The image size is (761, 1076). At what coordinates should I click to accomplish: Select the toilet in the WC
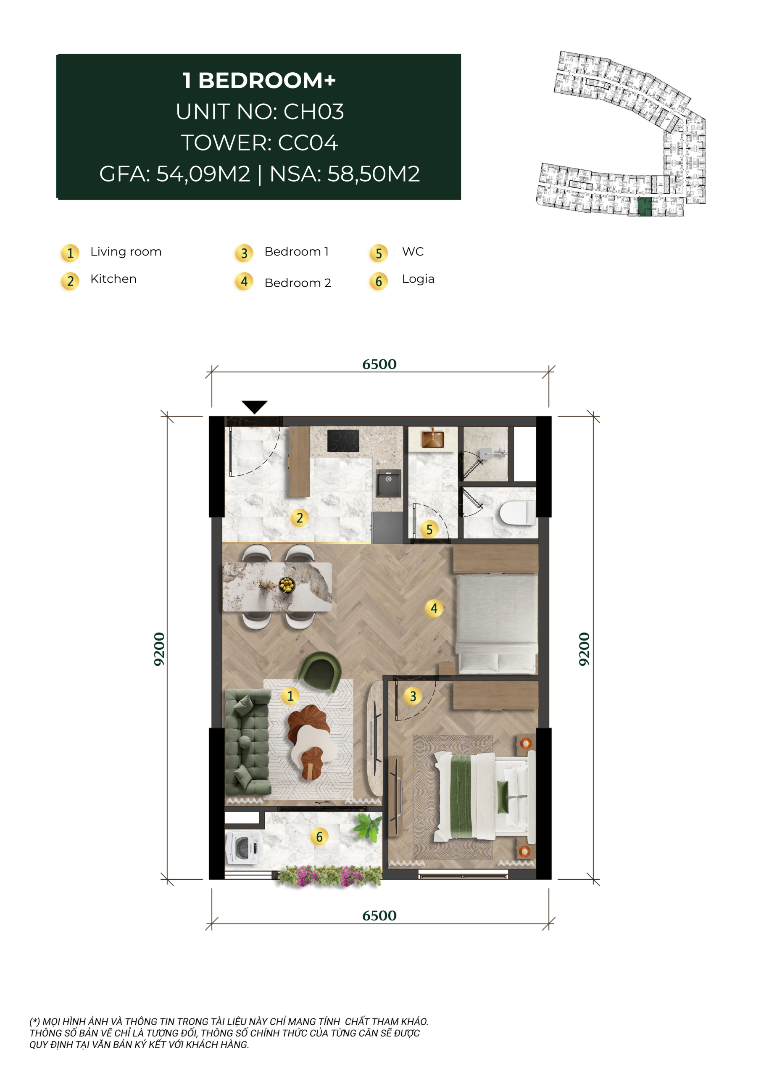[517, 513]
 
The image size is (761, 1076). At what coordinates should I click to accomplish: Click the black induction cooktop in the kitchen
[343, 440]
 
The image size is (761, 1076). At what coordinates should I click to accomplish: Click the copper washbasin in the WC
[432, 439]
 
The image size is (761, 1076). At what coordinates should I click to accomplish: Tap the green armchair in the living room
[320, 672]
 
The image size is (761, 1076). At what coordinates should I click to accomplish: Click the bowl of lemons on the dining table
[286, 585]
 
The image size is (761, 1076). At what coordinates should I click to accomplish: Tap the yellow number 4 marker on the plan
[434, 608]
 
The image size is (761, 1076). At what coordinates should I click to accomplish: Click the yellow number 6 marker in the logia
[319, 836]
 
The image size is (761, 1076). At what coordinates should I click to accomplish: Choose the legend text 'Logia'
[418, 280]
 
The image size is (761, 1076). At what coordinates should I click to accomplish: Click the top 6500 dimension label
[379, 364]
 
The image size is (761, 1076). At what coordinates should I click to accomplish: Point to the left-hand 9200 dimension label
[159, 649]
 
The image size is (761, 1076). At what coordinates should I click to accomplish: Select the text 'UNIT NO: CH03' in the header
[260, 111]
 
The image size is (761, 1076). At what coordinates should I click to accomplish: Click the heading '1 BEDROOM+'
[259, 81]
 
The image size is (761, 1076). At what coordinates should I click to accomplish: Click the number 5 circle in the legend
[379, 253]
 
